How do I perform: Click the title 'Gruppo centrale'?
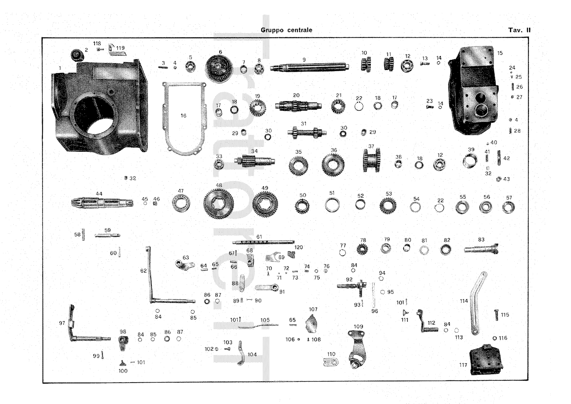[x=286, y=30]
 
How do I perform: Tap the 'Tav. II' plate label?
[x=519, y=30]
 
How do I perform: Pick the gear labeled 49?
[x=264, y=204]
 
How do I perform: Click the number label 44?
[x=99, y=194]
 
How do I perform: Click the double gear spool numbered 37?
[x=372, y=160]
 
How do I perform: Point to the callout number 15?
[x=500, y=53]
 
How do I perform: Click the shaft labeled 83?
[x=481, y=249]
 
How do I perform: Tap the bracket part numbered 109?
[x=356, y=350]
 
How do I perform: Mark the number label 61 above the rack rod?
[x=259, y=237]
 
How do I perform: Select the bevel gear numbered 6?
[x=219, y=68]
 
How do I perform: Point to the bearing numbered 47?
[x=181, y=204]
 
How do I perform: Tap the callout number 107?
[x=313, y=309]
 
